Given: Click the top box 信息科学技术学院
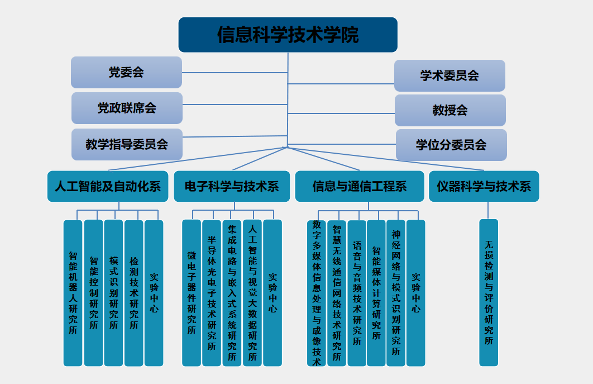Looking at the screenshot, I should coord(288,35).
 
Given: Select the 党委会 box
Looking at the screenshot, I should coord(126,72).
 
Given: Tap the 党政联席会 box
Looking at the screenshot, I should coord(127,108).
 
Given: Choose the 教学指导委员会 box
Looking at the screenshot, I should coord(127,144).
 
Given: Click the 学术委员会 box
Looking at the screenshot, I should coord(449,75).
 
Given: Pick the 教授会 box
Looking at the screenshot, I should coord(450,110).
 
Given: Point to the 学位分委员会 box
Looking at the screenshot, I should coord(451,145).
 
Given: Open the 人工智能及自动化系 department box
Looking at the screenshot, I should coord(108,186).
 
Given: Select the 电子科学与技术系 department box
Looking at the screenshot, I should coord(232,186).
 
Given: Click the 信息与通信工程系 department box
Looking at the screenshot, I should coord(360,186).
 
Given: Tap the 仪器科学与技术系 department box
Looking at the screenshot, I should coord(484,186).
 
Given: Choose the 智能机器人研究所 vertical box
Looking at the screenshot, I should coord(73,293).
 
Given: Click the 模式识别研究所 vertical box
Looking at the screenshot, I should coord(113,293).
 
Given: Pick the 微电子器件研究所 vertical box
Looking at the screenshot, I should coord(192,293).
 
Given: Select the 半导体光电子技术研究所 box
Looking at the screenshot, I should coord(212,293).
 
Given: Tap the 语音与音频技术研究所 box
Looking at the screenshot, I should coord(357,293).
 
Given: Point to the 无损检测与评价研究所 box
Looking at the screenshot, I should coord(489,293).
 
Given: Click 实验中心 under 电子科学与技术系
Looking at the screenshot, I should coord(272,293).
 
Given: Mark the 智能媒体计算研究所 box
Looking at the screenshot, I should coord(376,293).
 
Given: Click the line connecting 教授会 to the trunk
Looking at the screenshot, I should coord(341,113).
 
